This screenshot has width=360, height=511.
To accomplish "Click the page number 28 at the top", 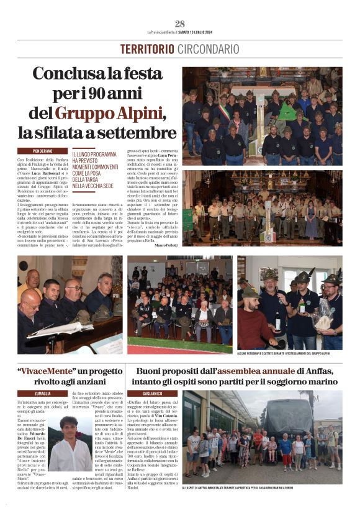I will click(x=180, y=24).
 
